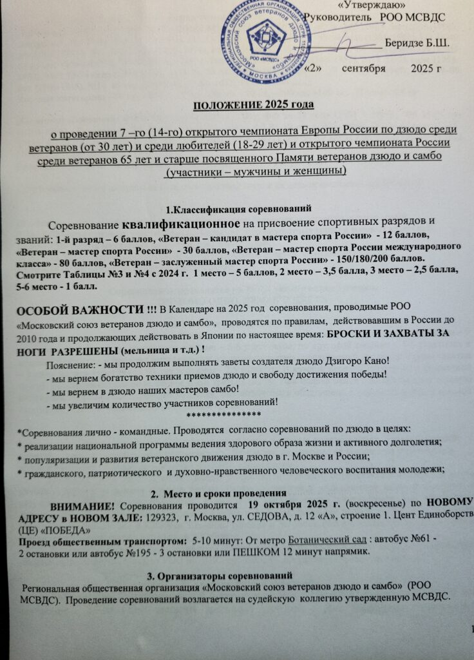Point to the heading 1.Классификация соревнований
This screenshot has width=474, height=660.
(238, 208)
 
